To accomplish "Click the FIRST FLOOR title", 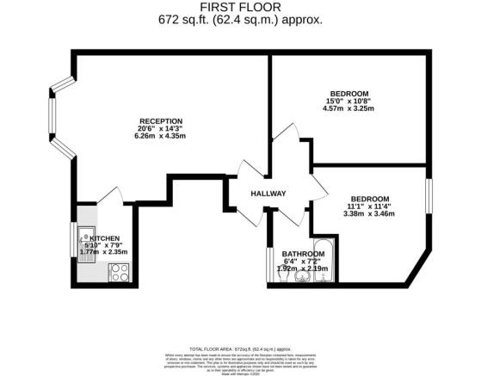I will [240, 7].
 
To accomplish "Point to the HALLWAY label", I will [268, 194].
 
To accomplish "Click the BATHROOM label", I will [301, 253].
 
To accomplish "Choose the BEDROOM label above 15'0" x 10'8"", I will [349, 93].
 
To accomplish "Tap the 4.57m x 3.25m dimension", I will [349, 109].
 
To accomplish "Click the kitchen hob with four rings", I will [118, 274].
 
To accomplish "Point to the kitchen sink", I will [86, 231].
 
